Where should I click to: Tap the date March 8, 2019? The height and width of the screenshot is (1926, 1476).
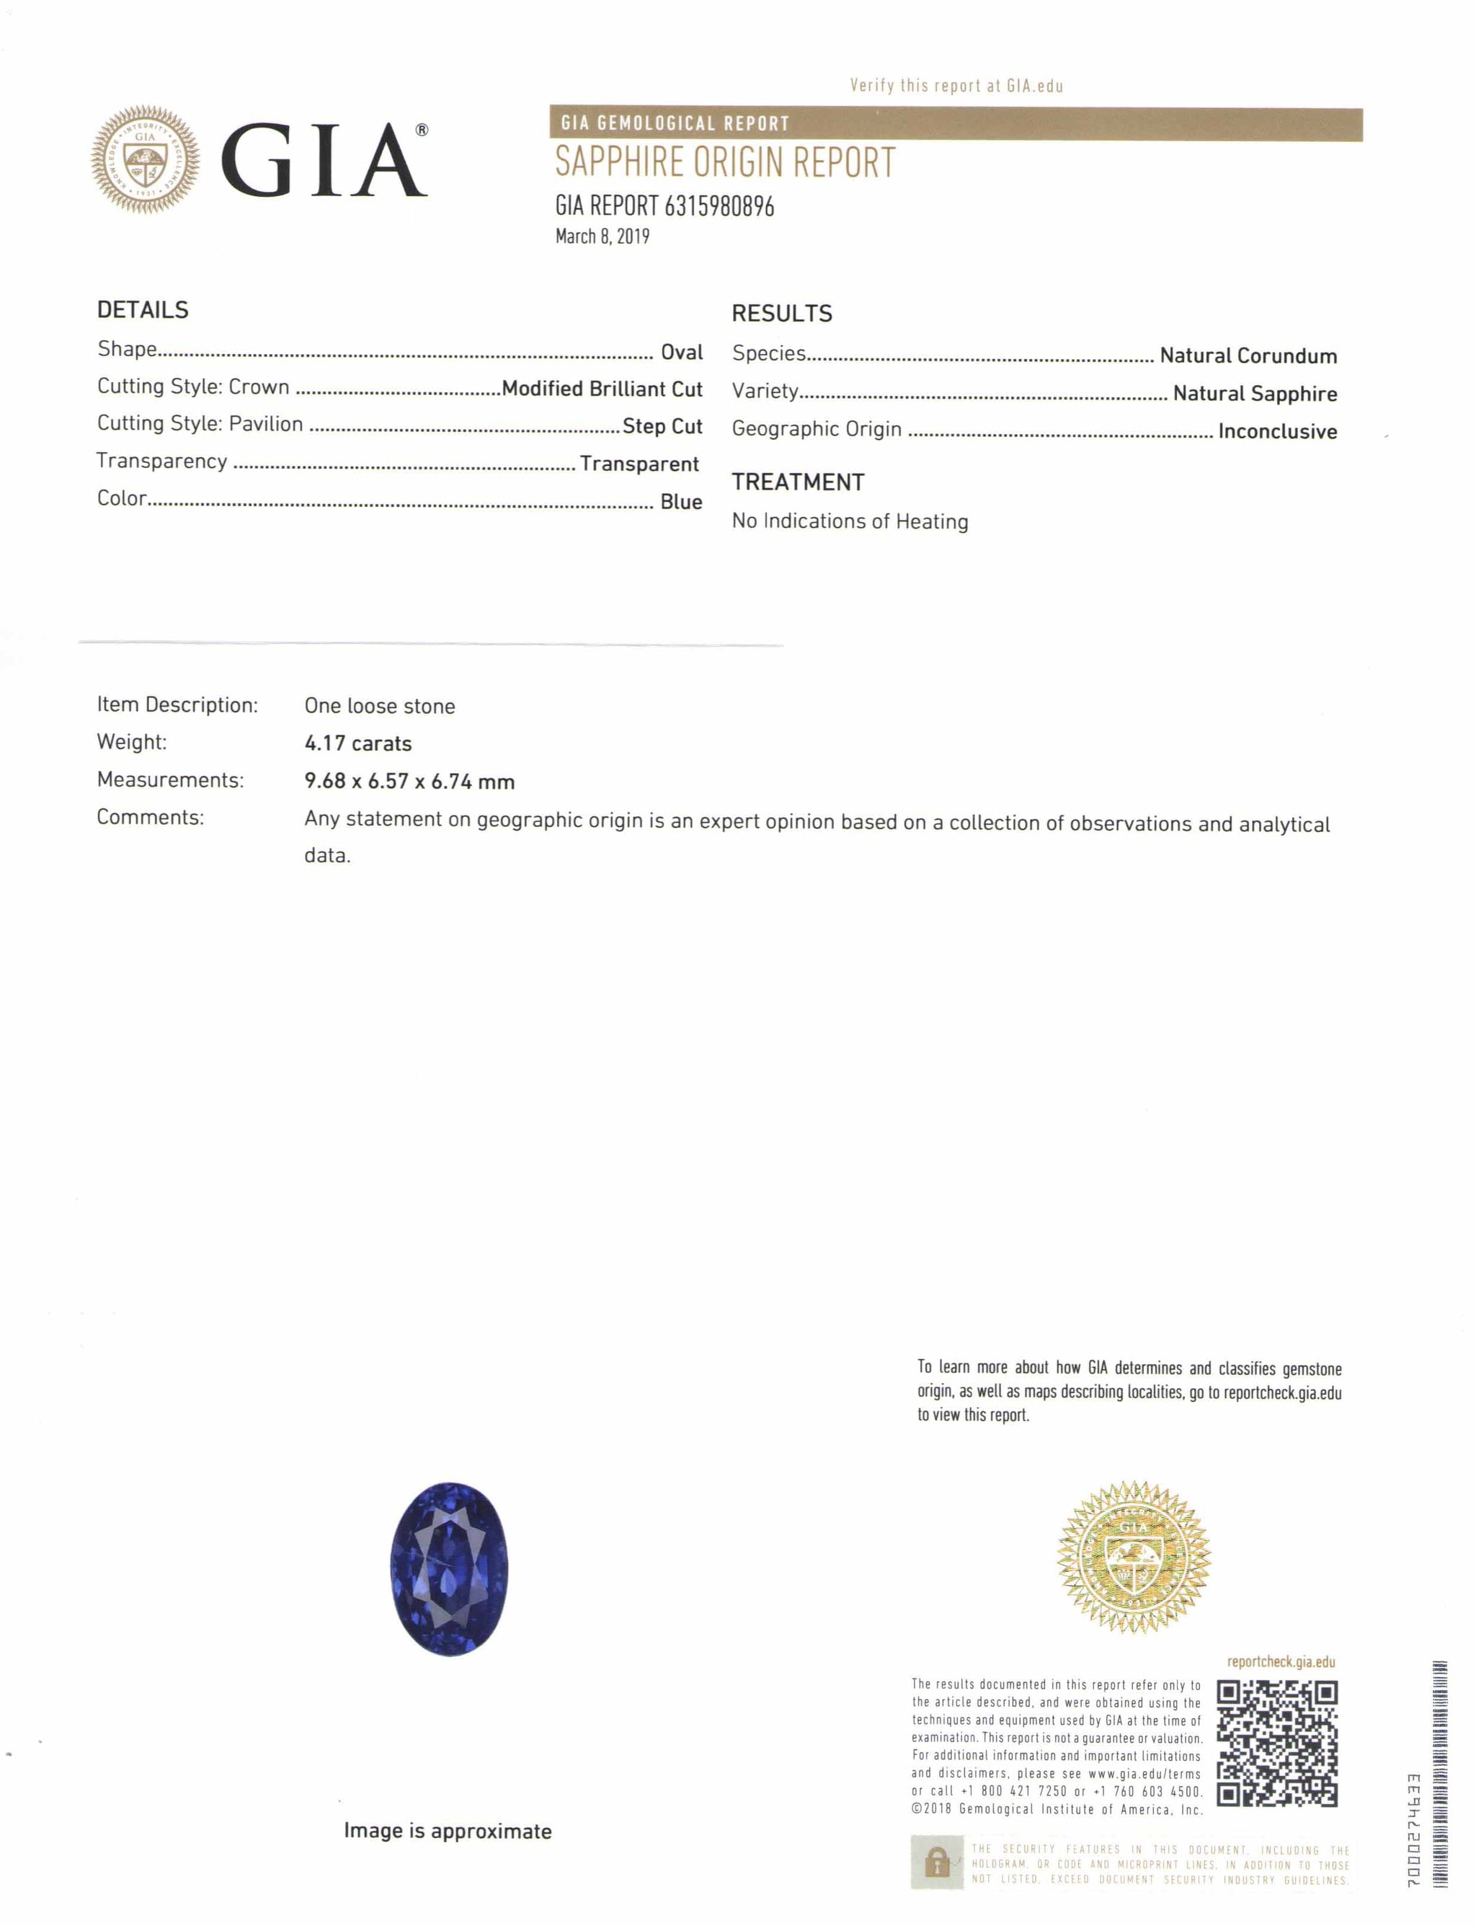(x=602, y=237)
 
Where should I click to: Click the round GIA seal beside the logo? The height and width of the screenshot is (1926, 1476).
(x=145, y=159)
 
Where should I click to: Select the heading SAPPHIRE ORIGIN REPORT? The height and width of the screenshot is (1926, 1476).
(x=725, y=163)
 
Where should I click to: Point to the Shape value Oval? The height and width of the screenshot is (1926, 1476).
(x=681, y=353)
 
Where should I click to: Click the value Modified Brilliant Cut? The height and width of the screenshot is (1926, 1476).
(x=602, y=389)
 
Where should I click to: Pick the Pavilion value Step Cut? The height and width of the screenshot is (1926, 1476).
(x=662, y=426)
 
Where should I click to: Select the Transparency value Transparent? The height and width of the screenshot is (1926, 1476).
(x=639, y=464)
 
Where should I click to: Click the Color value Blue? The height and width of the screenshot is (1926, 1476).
(x=681, y=502)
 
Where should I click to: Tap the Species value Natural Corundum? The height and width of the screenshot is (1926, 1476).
(x=1248, y=356)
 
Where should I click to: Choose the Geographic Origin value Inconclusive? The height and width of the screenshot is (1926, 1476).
(x=1276, y=432)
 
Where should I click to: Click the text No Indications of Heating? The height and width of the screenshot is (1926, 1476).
(x=850, y=521)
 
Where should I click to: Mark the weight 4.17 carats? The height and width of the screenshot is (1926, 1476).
(x=357, y=743)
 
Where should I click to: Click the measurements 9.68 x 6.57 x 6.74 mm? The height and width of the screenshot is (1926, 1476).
(x=409, y=782)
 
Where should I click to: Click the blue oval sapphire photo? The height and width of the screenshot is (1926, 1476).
(x=449, y=1569)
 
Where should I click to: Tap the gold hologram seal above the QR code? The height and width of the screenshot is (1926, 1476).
(x=1134, y=1558)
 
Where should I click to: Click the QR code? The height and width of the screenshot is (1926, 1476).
(x=1276, y=1744)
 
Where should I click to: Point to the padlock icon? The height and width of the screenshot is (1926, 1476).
(x=937, y=1862)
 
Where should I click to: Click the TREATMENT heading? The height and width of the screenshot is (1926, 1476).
(x=798, y=482)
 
